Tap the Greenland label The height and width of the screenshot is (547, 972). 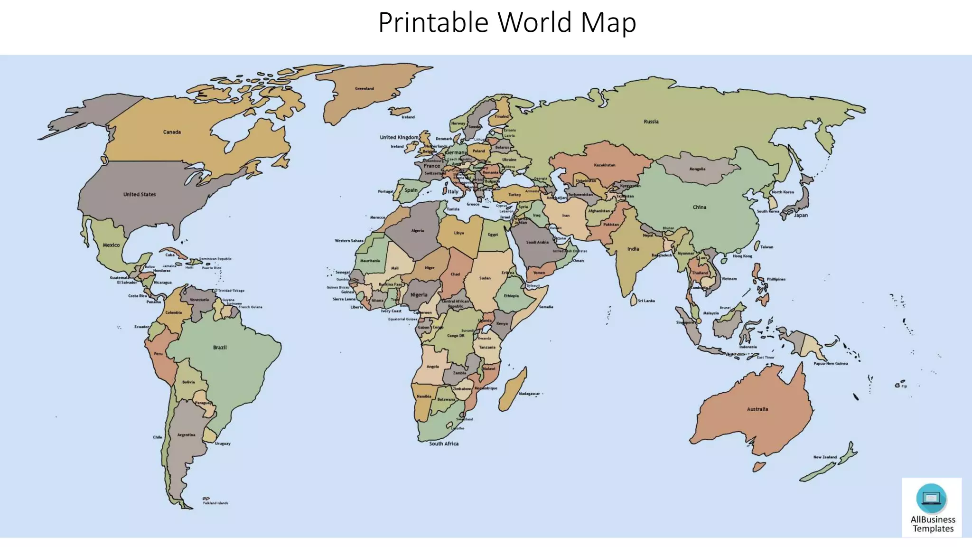pyautogui.click(x=364, y=89)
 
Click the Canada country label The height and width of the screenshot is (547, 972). pyautogui.click(x=172, y=132)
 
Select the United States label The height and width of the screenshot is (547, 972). pyautogui.click(x=140, y=194)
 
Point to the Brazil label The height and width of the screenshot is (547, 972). pyautogui.click(x=220, y=348)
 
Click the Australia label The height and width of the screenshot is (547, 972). pyautogui.click(x=757, y=409)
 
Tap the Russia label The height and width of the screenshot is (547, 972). pyautogui.click(x=651, y=122)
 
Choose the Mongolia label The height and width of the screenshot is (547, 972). pyautogui.click(x=697, y=169)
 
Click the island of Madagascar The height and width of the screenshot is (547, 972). pyautogui.click(x=513, y=389)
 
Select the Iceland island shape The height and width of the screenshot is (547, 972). pyautogui.click(x=400, y=111)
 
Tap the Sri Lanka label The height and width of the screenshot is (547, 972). pyautogui.click(x=646, y=301)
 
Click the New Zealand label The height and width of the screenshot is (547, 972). pyautogui.click(x=825, y=457)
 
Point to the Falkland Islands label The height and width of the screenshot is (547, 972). pyautogui.click(x=215, y=503)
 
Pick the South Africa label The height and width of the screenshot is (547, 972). pyautogui.click(x=444, y=443)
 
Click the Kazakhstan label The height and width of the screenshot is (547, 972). pyautogui.click(x=605, y=165)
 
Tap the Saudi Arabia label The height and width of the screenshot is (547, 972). pyautogui.click(x=537, y=242)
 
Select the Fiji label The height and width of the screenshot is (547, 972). pyautogui.click(x=904, y=387)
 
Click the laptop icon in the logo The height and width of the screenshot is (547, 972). pyautogui.click(x=931, y=498)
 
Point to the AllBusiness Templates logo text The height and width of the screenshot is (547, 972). pyautogui.click(x=933, y=524)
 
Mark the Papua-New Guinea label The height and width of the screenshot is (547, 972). pyautogui.click(x=831, y=364)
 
